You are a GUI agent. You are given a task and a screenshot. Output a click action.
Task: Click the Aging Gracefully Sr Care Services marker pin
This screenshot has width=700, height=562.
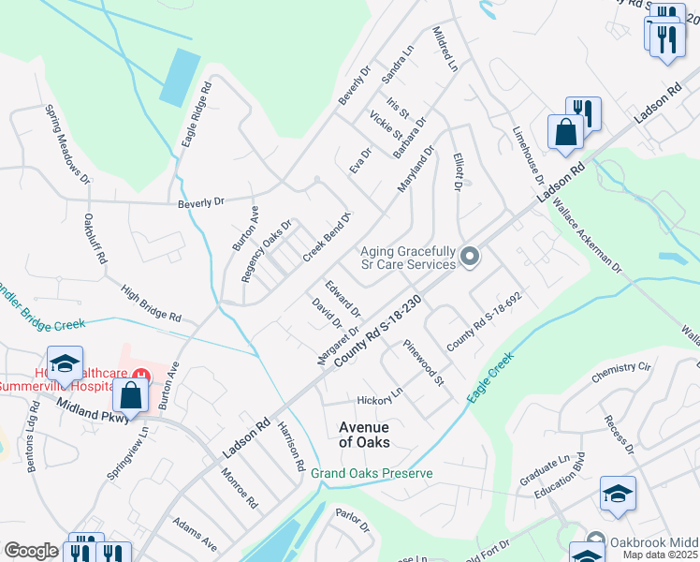tap(470, 256)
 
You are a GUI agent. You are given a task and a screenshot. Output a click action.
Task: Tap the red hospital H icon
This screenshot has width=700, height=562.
tap(139, 377)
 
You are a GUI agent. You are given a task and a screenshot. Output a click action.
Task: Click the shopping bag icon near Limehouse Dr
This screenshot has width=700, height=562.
tap(566, 132)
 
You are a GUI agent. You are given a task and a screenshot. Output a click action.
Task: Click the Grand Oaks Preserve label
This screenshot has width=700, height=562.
tap(372, 474)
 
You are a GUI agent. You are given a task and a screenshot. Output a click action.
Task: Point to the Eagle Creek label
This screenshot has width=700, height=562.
tap(490, 377)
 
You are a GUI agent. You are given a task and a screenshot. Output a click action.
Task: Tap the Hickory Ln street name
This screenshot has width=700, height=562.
tap(377, 392)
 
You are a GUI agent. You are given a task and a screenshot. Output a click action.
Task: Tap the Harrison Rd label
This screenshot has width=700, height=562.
tap(291, 446)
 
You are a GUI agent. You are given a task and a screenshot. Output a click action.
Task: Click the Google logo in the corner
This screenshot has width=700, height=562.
tap(31, 551)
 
